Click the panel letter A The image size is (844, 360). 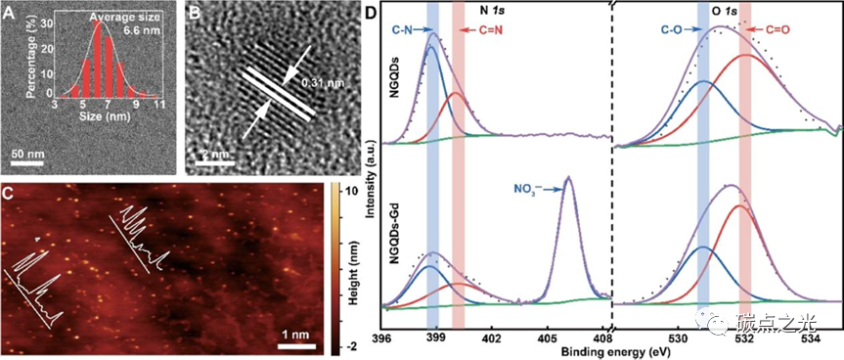point(11,13)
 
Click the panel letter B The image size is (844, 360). point(193,13)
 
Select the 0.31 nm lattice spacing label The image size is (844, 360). point(323,83)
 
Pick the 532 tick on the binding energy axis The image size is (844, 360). point(744,337)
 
